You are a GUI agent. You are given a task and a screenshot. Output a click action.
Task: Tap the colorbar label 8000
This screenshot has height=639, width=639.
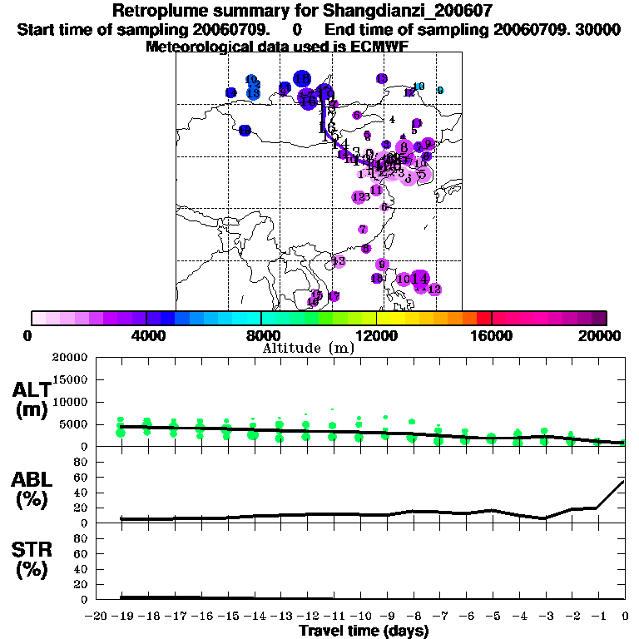(261, 336)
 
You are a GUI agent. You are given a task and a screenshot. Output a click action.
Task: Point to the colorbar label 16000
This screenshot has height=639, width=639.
(492, 336)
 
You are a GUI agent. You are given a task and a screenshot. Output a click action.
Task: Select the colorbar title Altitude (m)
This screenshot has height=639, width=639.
(308, 348)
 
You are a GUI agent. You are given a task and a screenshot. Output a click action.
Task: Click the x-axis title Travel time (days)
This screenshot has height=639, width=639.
(364, 631)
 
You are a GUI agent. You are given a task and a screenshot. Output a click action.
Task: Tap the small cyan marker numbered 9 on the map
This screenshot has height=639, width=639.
(440, 91)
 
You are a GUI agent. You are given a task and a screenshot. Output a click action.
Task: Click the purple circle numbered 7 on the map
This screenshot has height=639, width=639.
(363, 230)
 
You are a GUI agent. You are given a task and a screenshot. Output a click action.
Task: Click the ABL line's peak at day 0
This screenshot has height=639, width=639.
(624, 481)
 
